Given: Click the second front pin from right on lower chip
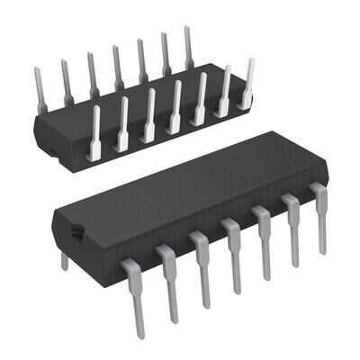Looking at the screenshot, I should (x=292, y=229).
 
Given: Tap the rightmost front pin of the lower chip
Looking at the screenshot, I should (x=319, y=216).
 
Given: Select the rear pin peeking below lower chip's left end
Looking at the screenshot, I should (x=64, y=261).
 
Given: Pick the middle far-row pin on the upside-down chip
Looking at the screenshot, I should (x=117, y=67).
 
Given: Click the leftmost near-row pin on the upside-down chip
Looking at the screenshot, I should (x=94, y=135).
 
